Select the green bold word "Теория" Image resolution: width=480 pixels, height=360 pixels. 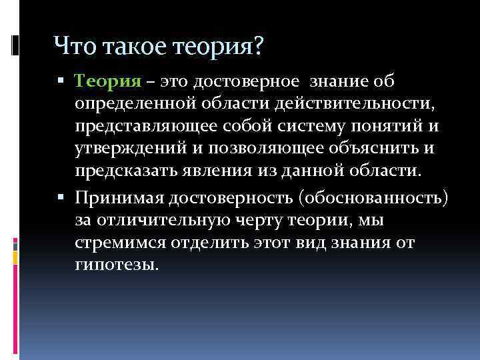[x=108, y=82]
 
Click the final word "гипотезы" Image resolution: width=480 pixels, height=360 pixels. [x=118, y=265]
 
